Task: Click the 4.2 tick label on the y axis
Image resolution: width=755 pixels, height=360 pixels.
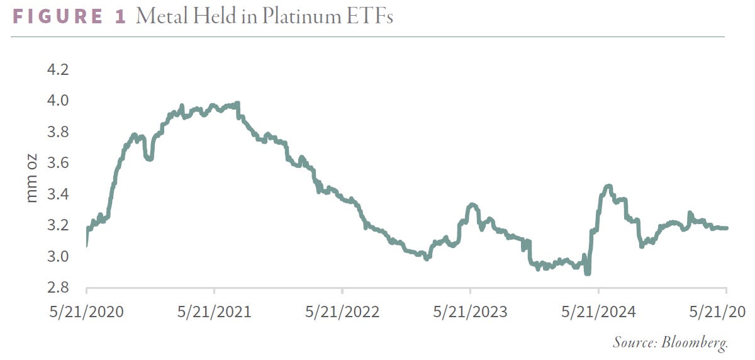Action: pyautogui.click(x=58, y=69)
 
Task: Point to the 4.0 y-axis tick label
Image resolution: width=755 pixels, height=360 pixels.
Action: pyautogui.click(x=58, y=101)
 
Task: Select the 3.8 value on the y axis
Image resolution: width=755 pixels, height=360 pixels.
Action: pyautogui.click(x=58, y=132)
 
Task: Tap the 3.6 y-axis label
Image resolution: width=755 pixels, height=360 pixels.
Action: pyautogui.click(x=58, y=163)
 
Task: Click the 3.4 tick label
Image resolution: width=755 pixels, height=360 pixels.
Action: pyautogui.click(x=58, y=194)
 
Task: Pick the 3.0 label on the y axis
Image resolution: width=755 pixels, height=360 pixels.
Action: pyautogui.click(x=58, y=257)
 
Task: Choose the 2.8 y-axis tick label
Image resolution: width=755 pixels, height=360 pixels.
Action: pyautogui.click(x=58, y=288)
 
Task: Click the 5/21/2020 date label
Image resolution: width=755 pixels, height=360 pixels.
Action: pyautogui.click(x=87, y=312)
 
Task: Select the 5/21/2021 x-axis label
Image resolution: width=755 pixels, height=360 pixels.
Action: pyautogui.click(x=215, y=312)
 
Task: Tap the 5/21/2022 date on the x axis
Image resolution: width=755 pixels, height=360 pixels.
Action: pyautogui.click(x=342, y=312)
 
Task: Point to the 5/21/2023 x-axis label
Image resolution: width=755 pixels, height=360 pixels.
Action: pyautogui.click(x=470, y=312)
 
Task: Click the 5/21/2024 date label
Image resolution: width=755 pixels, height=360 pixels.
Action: pyautogui.click(x=598, y=312)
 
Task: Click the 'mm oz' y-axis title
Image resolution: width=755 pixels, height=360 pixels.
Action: pyautogui.click(x=31, y=178)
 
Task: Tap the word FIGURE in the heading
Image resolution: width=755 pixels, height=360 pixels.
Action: pyautogui.click(x=58, y=16)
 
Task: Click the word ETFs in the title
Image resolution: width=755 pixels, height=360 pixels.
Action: pyautogui.click(x=370, y=16)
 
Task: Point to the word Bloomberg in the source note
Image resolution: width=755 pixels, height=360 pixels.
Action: pyautogui.click(x=695, y=343)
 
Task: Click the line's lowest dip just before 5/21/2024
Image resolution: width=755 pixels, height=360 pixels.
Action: pyautogui.click(x=588, y=273)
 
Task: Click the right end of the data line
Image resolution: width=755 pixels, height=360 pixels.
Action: pyautogui.click(x=726, y=228)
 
